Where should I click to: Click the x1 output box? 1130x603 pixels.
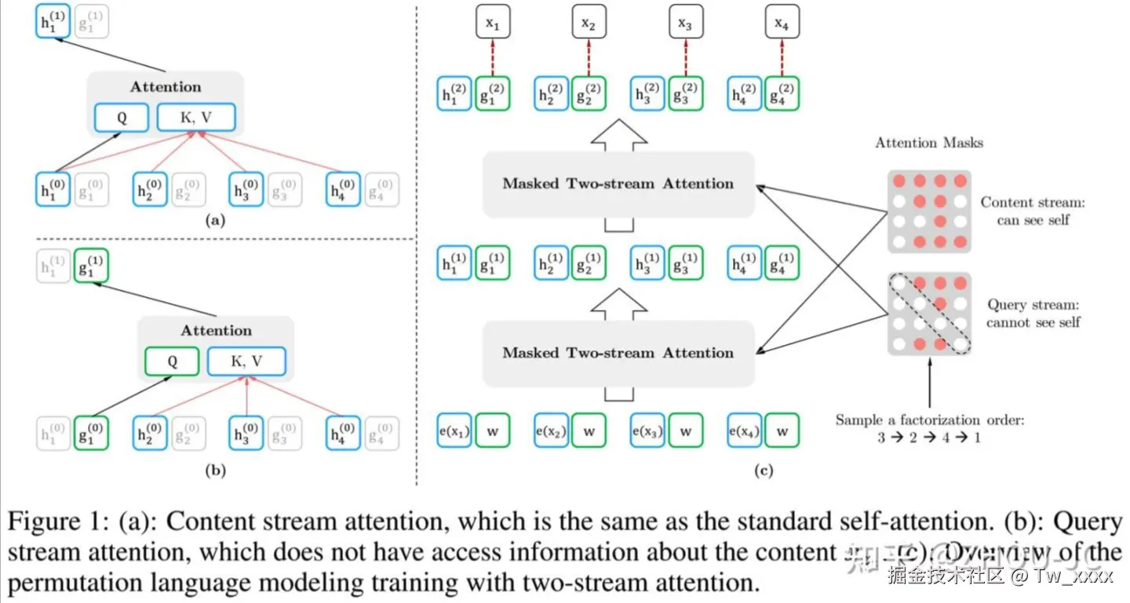pos(493,24)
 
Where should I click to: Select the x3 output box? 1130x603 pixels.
pos(685,24)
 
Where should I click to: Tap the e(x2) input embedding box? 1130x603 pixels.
pos(551,430)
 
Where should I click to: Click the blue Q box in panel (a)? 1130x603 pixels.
pos(121,118)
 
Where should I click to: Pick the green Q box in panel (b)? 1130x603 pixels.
pos(172,361)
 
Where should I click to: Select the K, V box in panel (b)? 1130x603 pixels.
pos(246,361)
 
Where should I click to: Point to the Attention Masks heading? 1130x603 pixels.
pos(928,143)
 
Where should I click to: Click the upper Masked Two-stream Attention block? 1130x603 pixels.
pos(618,184)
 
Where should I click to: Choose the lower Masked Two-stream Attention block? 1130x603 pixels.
pos(618,353)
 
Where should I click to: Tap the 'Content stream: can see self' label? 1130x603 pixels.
pos(1032,211)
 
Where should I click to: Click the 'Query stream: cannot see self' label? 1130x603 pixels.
pos(1033,314)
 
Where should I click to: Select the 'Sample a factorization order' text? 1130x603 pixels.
pos(929,420)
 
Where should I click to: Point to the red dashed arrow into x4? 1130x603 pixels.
pos(781,56)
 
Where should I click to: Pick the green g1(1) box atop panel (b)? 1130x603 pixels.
pos(91,267)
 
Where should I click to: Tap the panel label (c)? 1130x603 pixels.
pos(764,471)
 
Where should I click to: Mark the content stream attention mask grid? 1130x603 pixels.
pos(929,211)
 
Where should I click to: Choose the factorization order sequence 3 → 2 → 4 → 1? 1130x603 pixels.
pos(929,438)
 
